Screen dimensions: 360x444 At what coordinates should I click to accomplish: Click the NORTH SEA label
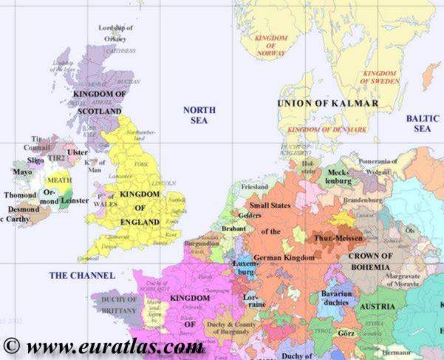199,115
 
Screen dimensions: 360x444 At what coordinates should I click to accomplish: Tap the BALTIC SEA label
422,123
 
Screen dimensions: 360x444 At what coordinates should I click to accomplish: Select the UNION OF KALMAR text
327,103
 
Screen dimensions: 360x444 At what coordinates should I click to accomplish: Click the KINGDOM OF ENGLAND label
140,207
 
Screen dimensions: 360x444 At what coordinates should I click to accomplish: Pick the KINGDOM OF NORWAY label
270,46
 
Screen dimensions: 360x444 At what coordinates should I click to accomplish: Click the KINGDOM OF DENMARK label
327,129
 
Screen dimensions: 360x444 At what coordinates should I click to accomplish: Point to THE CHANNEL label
82,275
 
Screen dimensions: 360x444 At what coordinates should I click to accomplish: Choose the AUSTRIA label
376,306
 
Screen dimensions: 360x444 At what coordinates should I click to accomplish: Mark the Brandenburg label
361,200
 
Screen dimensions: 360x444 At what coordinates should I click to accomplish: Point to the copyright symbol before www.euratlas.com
10,345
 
